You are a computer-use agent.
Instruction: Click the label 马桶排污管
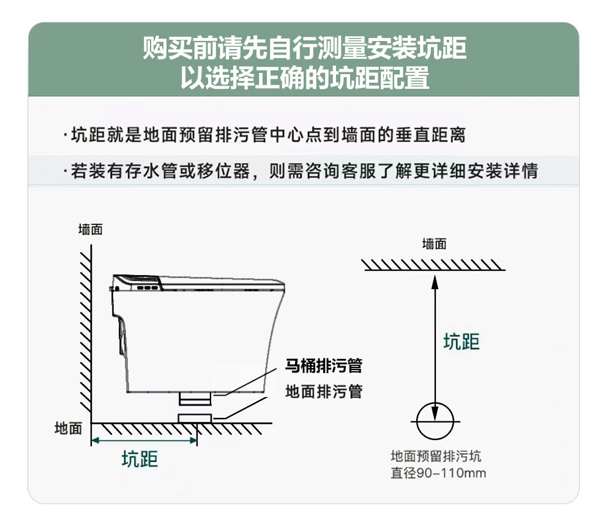[x=323, y=366]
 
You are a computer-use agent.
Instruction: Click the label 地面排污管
[x=323, y=391]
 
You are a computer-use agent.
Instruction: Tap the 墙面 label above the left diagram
[x=91, y=230]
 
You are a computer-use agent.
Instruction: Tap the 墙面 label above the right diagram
[x=434, y=244]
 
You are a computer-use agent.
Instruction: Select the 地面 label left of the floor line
[x=68, y=428]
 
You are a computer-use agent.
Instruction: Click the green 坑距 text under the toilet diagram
[x=140, y=459]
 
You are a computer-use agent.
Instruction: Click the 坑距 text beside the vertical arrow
[x=462, y=341]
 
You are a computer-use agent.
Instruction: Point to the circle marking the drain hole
[x=435, y=421]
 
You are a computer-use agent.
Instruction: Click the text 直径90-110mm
[x=438, y=473]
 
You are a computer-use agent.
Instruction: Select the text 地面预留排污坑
[x=436, y=456]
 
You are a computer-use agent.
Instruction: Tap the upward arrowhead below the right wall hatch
[x=435, y=282]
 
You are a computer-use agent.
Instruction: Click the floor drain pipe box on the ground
[x=195, y=418]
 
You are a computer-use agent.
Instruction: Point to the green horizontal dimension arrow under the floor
[x=144, y=440]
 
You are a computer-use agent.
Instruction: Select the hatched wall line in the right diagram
[x=434, y=264]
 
